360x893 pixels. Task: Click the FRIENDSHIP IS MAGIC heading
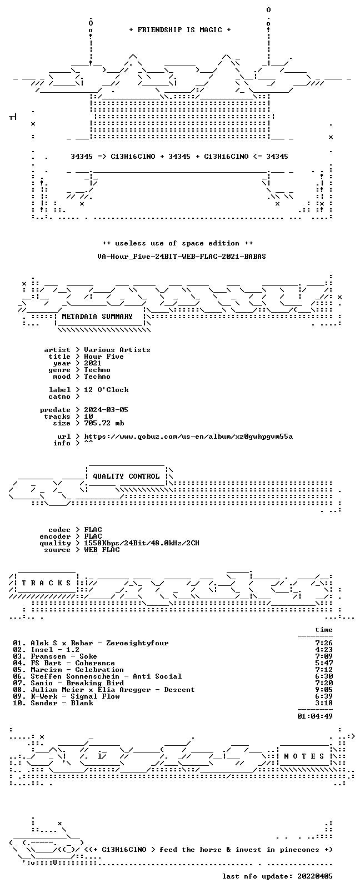click(180, 30)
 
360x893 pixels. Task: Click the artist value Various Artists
click(117, 350)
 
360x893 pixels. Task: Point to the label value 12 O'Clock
click(106, 390)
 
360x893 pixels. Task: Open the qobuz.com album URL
click(188, 437)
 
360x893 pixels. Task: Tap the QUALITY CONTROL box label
click(126, 476)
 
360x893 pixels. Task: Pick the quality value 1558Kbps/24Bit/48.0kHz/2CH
click(142, 543)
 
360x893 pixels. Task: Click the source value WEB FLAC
click(102, 550)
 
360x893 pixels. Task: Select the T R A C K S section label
click(46, 583)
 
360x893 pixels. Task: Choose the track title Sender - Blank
click(62, 703)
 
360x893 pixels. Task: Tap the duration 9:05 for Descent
click(324, 690)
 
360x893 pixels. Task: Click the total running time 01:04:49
click(314, 716)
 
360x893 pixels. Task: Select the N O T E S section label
click(304, 756)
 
